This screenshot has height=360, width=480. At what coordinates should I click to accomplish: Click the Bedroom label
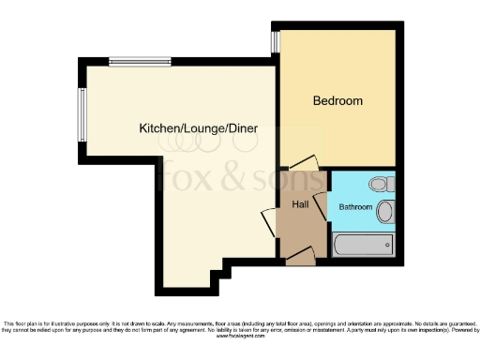(x=337, y=101)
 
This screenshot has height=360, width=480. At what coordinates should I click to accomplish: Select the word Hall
(x=300, y=204)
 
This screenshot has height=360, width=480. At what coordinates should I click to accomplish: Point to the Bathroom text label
(x=355, y=206)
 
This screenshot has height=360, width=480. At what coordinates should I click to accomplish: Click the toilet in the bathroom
(x=379, y=185)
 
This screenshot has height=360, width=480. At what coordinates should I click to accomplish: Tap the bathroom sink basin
(x=385, y=212)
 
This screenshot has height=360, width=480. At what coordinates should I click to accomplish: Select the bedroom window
(x=277, y=42)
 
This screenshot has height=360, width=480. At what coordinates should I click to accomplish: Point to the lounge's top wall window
(x=139, y=63)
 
